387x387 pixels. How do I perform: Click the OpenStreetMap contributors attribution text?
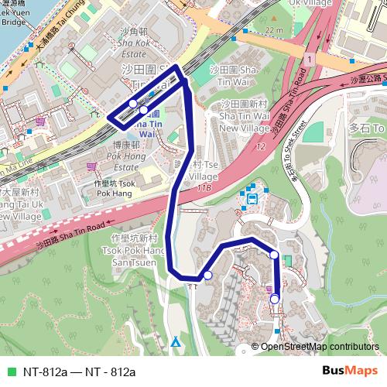[317, 346]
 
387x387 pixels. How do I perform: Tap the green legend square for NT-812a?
[11, 372]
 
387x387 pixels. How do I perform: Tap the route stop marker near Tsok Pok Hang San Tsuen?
[207, 275]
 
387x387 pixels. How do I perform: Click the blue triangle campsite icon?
[176, 341]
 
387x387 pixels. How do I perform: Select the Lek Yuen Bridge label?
[15, 15]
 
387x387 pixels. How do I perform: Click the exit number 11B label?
[204, 187]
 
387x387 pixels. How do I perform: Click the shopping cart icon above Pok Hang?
[91, 165]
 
